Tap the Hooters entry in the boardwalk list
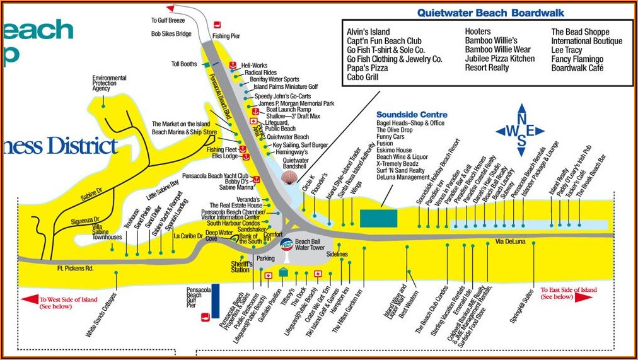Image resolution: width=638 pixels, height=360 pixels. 478,32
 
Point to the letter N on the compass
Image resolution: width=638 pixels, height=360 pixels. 521,117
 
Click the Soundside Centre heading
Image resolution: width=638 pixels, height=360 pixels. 412,115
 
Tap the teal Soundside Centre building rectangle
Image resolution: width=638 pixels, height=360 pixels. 378,219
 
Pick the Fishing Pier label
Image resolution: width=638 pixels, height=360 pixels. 226,37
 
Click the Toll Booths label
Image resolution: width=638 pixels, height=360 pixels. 184,64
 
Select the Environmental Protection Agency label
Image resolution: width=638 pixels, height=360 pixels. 109,83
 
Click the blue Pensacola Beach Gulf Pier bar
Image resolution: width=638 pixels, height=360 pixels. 216,297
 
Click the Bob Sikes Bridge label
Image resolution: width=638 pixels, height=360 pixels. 171,34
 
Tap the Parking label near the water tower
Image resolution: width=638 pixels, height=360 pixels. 266,258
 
